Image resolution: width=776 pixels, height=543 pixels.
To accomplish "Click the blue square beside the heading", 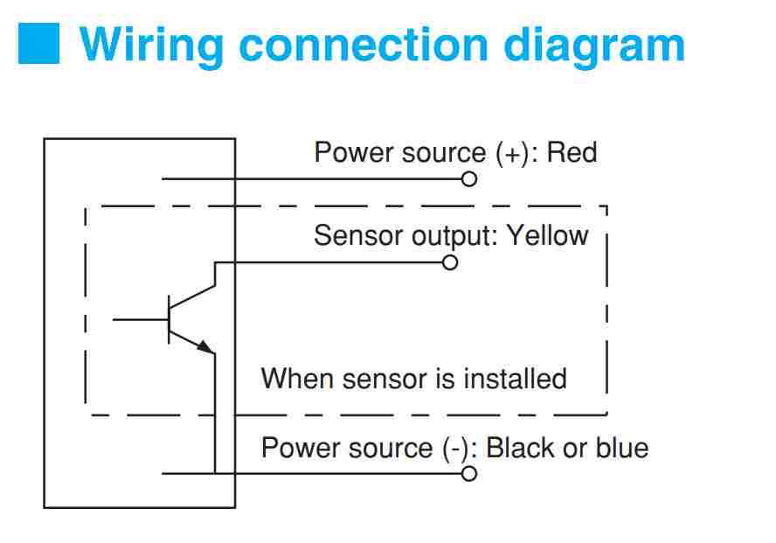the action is (38, 43).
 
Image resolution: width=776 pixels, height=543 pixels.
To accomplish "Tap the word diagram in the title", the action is (594, 46).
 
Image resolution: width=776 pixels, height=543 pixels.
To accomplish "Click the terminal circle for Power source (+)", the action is (469, 178).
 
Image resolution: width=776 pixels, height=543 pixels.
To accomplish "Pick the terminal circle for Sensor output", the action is (449, 262).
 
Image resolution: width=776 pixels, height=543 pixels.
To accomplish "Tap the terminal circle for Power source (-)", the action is (469, 474).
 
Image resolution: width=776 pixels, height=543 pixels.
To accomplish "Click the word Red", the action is (572, 152).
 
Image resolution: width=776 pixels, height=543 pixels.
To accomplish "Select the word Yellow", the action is (548, 235).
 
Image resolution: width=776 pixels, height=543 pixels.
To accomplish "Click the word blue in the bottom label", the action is (622, 448).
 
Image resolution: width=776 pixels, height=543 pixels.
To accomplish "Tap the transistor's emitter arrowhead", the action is (205, 346).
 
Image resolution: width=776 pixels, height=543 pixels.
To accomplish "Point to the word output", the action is (454, 236).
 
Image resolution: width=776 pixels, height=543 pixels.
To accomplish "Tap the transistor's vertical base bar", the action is (169, 320).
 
